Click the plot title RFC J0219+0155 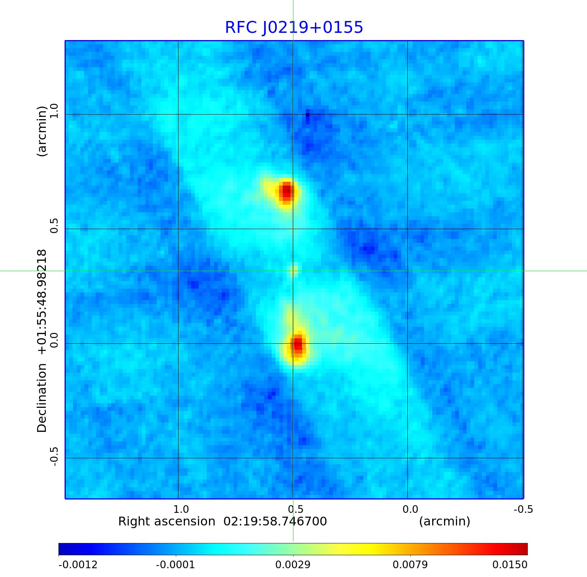click(x=294, y=27)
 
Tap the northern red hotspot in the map click(x=286, y=191)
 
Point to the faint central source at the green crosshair click(x=294, y=271)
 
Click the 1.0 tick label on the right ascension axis click(x=181, y=509)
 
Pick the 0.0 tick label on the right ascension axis click(x=410, y=509)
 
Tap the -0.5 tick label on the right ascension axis click(x=523, y=509)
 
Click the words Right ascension click(x=167, y=522)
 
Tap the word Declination click(x=42, y=398)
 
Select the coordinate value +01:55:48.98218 click(x=42, y=302)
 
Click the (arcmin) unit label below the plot click(x=444, y=522)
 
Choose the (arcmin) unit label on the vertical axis click(x=42, y=131)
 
